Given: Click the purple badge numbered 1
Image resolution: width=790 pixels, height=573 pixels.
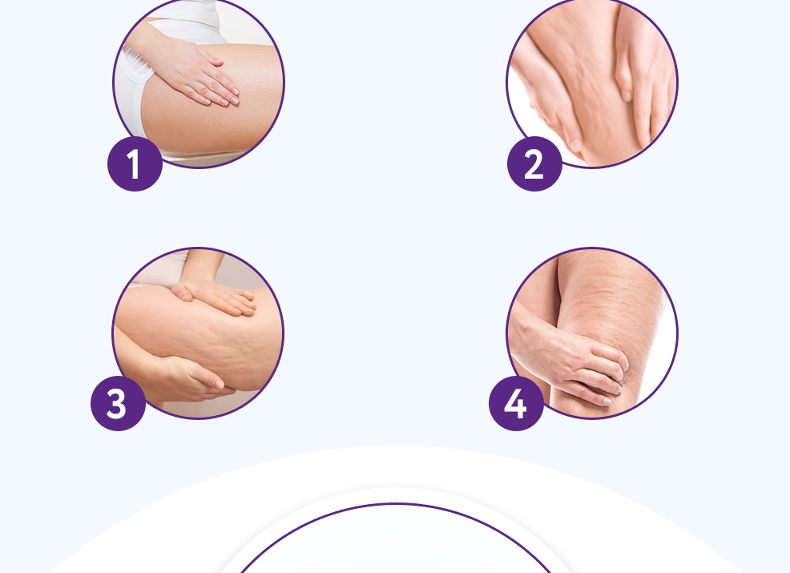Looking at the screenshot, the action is click(x=135, y=163).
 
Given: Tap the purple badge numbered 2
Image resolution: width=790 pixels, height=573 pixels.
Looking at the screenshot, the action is click(x=534, y=163).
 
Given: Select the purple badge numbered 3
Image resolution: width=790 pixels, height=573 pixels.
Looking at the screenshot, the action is click(x=119, y=403).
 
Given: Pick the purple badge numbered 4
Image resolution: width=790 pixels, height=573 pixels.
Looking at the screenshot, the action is click(x=517, y=403).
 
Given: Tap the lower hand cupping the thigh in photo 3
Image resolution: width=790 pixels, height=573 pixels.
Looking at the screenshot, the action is click(x=187, y=378).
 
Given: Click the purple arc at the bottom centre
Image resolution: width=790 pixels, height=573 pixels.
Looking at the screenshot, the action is click(x=396, y=504).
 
